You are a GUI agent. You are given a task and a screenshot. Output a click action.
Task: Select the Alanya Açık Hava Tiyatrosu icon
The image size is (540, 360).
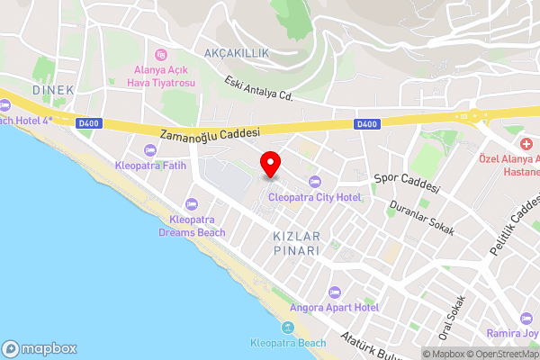tap(161, 54)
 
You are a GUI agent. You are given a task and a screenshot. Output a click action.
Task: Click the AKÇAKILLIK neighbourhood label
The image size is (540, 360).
tap(237, 54)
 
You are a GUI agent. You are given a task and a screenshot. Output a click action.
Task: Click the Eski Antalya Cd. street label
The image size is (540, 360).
tap(261, 87)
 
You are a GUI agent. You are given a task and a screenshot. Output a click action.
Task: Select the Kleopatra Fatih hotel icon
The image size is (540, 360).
tap(149, 149)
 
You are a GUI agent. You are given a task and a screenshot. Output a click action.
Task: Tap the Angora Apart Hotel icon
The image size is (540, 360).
tap(335, 292)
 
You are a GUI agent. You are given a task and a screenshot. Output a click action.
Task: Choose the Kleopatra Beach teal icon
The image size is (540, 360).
tap(288, 327)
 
